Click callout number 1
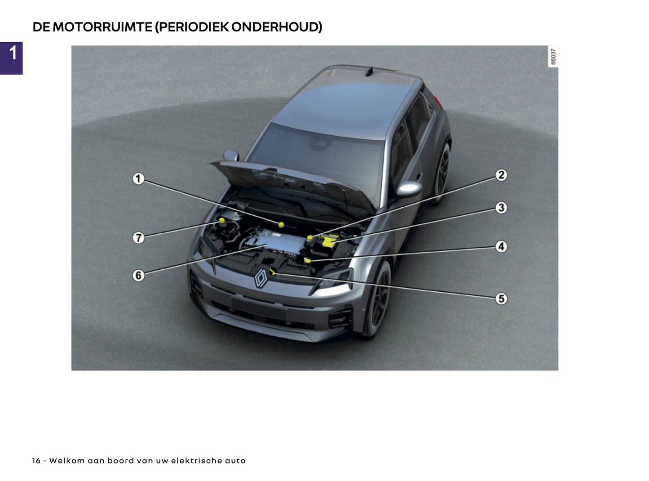pyautogui.click(x=138, y=179)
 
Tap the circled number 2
pyautogui.click(x=501, y=175)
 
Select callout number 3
pyautogui.click(x=501, y=208)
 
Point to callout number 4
pyautogui.click(x=501, y=247)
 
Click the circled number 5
pyautogui.click(x=501, y=298)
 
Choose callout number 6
pyautogui.click(x=138, y=275)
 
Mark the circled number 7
pyautogui.click(x=138, y=237)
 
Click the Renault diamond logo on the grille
pyautogui.click(x=261, y=278)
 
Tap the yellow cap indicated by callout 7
pyautogui.click(x=222, y=220)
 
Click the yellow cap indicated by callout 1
pyautogui.click(x=281, y=224)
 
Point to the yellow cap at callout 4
pyautogui.click(x=308, y=260)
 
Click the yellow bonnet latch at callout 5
pyautogui.click(x=273, y=271)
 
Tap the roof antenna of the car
pyautogui.click(x=369, y=71)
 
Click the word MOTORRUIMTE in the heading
pyautogui.click(x=102, y=27)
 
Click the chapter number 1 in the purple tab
pyautogui.click(x=13, y=53)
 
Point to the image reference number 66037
pyautogui.click(x=553, y=57)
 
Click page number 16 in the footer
pyautogui.click(x=36, y=461)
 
